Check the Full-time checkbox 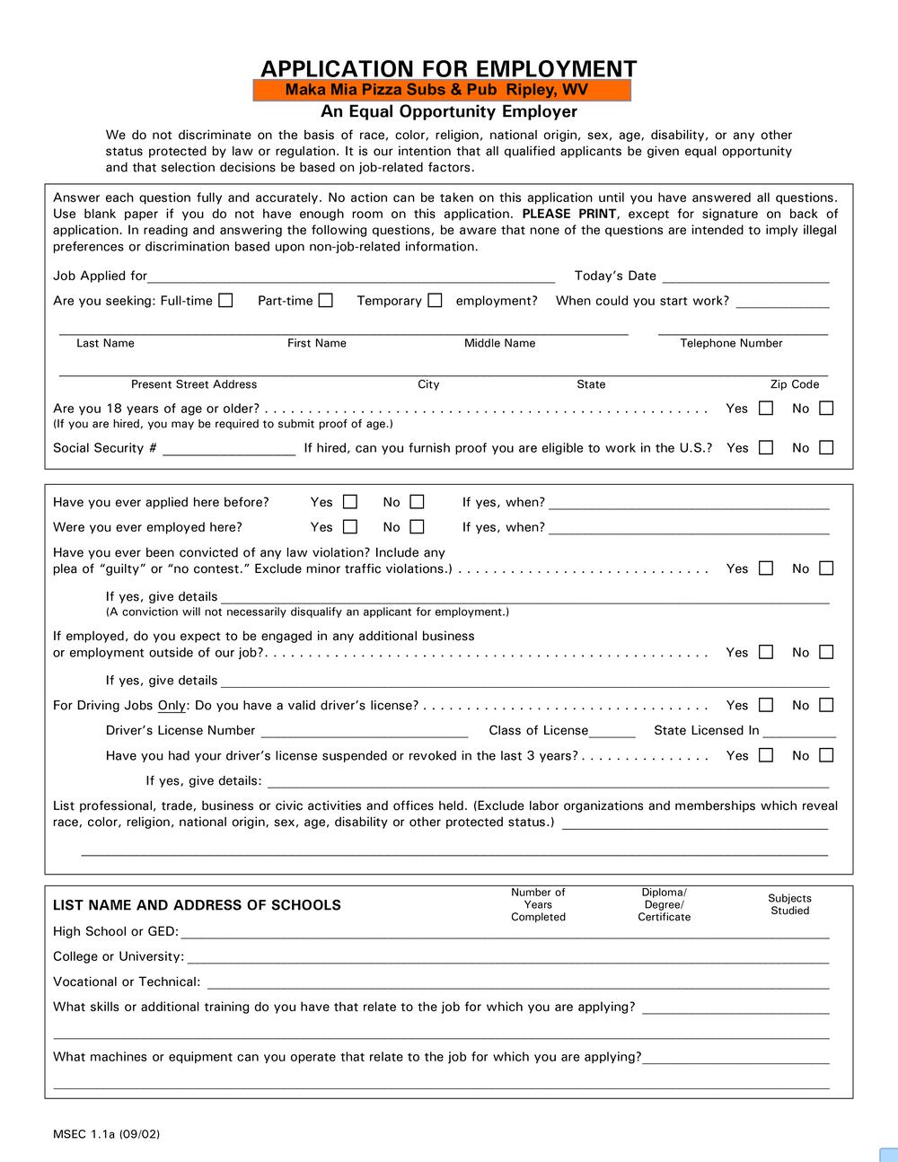225,301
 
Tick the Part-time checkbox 325,301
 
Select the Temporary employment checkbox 435,301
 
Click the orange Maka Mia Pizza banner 443,90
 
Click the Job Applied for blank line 351,277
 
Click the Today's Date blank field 745,277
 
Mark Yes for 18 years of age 766,409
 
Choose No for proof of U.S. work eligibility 826,447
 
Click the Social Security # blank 229,449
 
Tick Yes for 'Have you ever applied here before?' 350,502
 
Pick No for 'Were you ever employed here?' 417,527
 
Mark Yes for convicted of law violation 766,568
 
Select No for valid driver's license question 826,705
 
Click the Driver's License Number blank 364,732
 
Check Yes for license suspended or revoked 766,755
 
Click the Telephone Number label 731,343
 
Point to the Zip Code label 795,384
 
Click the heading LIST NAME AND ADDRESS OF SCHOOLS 197,905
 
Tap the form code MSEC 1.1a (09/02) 106,1134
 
